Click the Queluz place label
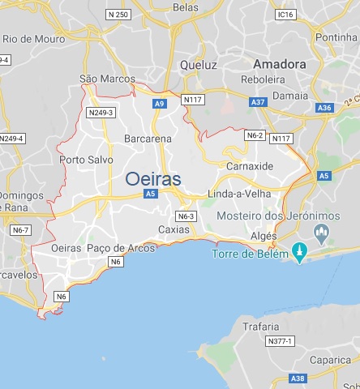click(x=199, y=64)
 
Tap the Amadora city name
click(x=279, y=63)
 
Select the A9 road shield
click(x=160, y=104)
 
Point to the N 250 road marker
click(x=118, y=15)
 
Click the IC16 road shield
click(x=285, y=15)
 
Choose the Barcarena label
click(x=148, y=139)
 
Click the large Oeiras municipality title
click(x=152, y=178)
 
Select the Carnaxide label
click(x=251, y=165)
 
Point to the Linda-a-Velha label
click(x=237, y=195)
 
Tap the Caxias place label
click(x=174, y=229)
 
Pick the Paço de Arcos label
click(x=120, y=247)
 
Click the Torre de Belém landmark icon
click(x=300, y=254)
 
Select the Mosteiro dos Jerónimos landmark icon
click(x=321, y=234)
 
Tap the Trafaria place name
click(x=259, y=326)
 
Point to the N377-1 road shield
click(x=281, y=341)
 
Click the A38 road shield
click(x=298, y=378)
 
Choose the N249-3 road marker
click(x=101, y=112)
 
